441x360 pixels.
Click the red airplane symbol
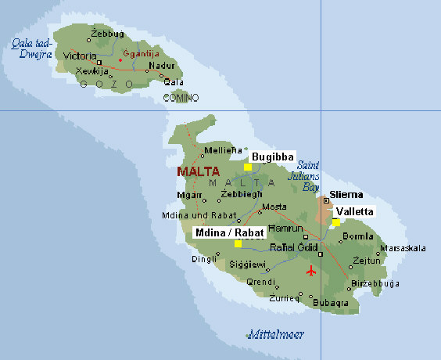[313, 272]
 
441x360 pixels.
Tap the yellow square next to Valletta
[336, 223]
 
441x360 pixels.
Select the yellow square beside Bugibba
[248, 167]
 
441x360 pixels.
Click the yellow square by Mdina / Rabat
[237, 244]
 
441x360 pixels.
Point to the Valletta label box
[354, 211]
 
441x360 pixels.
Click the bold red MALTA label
[198, 171]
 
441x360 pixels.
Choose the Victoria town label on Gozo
[80, 56]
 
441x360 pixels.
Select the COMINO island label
[181, 98]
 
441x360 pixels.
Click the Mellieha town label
[218, 150]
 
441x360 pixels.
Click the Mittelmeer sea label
[271, 334]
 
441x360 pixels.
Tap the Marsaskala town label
[403, 249]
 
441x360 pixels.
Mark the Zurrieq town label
[284, 297]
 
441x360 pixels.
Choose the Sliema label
[345, 193]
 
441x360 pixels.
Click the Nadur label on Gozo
[160, 67]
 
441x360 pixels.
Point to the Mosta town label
[274, 207]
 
